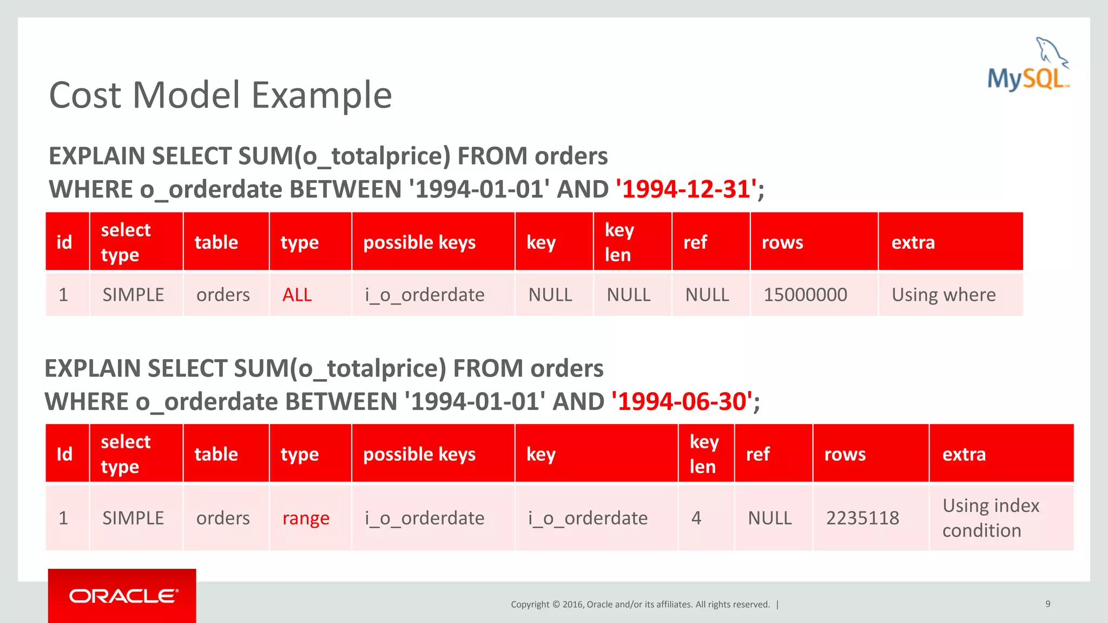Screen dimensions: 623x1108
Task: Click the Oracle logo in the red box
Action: (x=123, y=596)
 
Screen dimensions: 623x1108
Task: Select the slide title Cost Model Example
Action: (x=220, y=95)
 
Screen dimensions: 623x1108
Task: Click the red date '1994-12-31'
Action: (x=686, y=189)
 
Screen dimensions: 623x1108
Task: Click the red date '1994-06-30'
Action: (x=682, y=402)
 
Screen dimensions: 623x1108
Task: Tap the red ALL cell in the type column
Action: (x=297, y=295)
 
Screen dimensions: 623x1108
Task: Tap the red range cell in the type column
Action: (x=306, y=518)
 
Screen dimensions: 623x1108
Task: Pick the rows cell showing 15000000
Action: (x=805, y=295)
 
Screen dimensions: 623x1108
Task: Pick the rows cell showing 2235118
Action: (x=862, y=518)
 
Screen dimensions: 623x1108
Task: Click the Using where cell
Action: (x=944, y=295)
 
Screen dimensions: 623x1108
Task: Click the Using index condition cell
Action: (x=990, y=518)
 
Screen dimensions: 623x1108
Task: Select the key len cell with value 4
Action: (x=696, y=518)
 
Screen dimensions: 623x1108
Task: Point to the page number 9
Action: (x=1048, y=604)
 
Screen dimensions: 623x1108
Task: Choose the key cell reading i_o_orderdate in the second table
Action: (x=588, y=518)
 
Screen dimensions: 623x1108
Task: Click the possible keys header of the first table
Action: (x=419, y=242)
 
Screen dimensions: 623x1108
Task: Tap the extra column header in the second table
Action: (x=964, y=454)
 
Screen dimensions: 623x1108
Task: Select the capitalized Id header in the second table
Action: (x=64, y=454)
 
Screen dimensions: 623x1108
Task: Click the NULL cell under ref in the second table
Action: (x=769, y=518)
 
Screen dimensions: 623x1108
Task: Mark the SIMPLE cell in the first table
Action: (x=133, y=295)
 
